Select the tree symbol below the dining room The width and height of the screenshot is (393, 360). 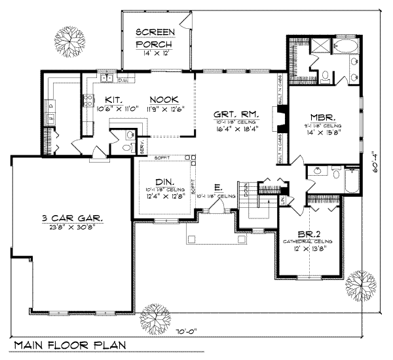(x=155, y=313)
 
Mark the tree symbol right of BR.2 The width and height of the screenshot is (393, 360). (x=359, y=284)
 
